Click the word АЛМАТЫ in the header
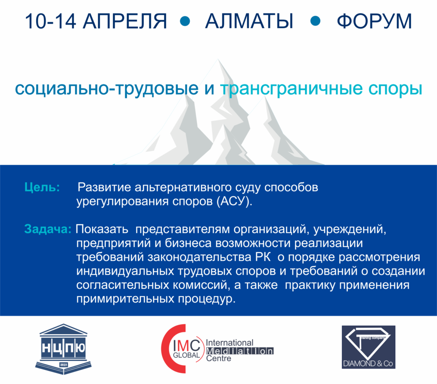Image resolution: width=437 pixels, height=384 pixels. tap(249, 21)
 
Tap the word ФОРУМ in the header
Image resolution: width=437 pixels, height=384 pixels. tap(374, 21)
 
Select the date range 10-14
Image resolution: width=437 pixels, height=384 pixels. tap(50, 21)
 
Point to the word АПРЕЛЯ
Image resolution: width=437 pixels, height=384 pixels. tap(125, 21)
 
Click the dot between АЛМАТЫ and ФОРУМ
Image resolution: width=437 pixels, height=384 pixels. tap(315, 21)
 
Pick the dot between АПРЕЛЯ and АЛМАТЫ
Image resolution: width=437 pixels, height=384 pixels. tap(185, 21)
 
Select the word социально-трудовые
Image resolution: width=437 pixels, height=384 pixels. tap(107, 89)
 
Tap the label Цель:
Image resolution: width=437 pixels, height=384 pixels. tap(42, 187)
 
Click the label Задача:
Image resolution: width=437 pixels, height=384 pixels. tap(48, 229)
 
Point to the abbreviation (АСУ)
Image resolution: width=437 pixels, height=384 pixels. tap(234, 201)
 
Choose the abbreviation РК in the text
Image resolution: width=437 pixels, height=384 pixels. tap(262, 257)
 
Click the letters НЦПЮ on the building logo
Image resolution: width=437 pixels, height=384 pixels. tap(64, 348)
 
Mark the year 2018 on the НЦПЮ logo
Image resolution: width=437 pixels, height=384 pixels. tap(64, 364)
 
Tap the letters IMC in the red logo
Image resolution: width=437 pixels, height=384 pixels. tap(186, 346)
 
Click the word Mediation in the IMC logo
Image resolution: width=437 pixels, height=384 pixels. tap(240, 351)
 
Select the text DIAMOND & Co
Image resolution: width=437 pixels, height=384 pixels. tap(368, 364)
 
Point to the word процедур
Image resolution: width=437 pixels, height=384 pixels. tap(207, 300)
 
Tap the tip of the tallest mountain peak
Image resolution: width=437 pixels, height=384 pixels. tap(218, 59)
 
